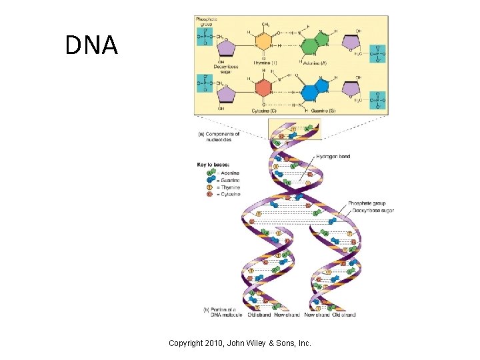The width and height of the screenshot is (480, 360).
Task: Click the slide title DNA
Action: (91, 45)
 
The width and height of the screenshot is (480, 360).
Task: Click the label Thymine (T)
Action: (265, 63)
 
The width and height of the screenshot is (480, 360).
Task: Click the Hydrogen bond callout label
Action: (333, 157)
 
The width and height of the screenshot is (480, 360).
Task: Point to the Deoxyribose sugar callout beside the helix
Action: (371, 210)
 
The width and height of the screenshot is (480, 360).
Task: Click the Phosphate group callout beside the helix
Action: (366, 203)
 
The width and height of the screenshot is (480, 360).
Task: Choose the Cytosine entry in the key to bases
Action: (229, 195)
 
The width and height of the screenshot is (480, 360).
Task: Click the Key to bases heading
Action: (213, 164)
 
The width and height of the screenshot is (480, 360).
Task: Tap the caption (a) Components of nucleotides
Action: (219, 137)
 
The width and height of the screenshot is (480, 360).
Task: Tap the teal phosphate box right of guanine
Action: (378, 101)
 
